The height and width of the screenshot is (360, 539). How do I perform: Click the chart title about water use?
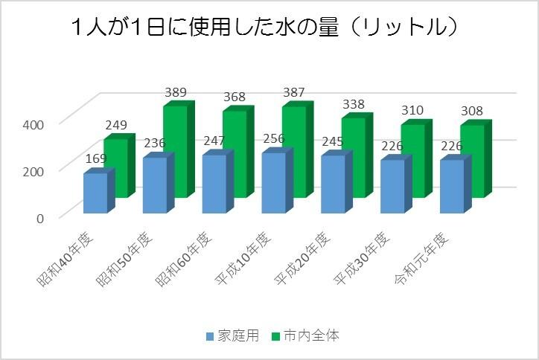(x=264, y=28)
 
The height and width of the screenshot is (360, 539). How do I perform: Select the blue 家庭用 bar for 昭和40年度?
(x=95, y=193)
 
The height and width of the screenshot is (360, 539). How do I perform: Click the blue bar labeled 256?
(x=273, y=184)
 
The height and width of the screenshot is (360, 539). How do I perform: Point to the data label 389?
(x=176, y=93)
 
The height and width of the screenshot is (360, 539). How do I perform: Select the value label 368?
(x=235, y=99)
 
